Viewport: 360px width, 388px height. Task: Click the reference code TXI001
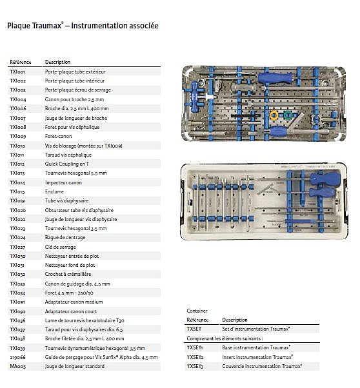[x=17, y=72]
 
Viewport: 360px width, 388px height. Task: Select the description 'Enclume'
[x=54, y=191]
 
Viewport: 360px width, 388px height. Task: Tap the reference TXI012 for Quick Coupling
[x=17, y=164]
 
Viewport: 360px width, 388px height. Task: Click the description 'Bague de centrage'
[x=65, y=238]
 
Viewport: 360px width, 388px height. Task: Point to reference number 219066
[x=17, y=357]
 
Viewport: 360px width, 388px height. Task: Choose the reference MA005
[x=17, y=366]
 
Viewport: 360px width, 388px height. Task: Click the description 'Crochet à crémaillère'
[x=68, y=274]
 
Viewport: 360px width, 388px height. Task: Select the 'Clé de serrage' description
[x=61, y=247]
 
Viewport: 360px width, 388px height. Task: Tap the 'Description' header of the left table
[x=57, y=62]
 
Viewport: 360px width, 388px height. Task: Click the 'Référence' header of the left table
[x=21, y=62]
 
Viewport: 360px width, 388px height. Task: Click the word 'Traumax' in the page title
[x=47, y=26]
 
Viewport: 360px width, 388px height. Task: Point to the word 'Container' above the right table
[x=197, y=311]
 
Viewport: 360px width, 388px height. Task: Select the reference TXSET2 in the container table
[x=195, y=357]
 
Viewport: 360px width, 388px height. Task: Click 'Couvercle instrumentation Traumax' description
[x=261, y=366]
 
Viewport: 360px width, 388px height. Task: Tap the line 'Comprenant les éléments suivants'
[x=225, y=338]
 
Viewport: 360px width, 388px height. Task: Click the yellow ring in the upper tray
[x=274, y=115]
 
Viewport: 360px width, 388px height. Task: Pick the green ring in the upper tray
[x=287, y=115]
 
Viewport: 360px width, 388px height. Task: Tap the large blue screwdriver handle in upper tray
[x=275, y=78]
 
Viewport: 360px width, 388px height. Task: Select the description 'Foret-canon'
[x=59, y=137]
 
